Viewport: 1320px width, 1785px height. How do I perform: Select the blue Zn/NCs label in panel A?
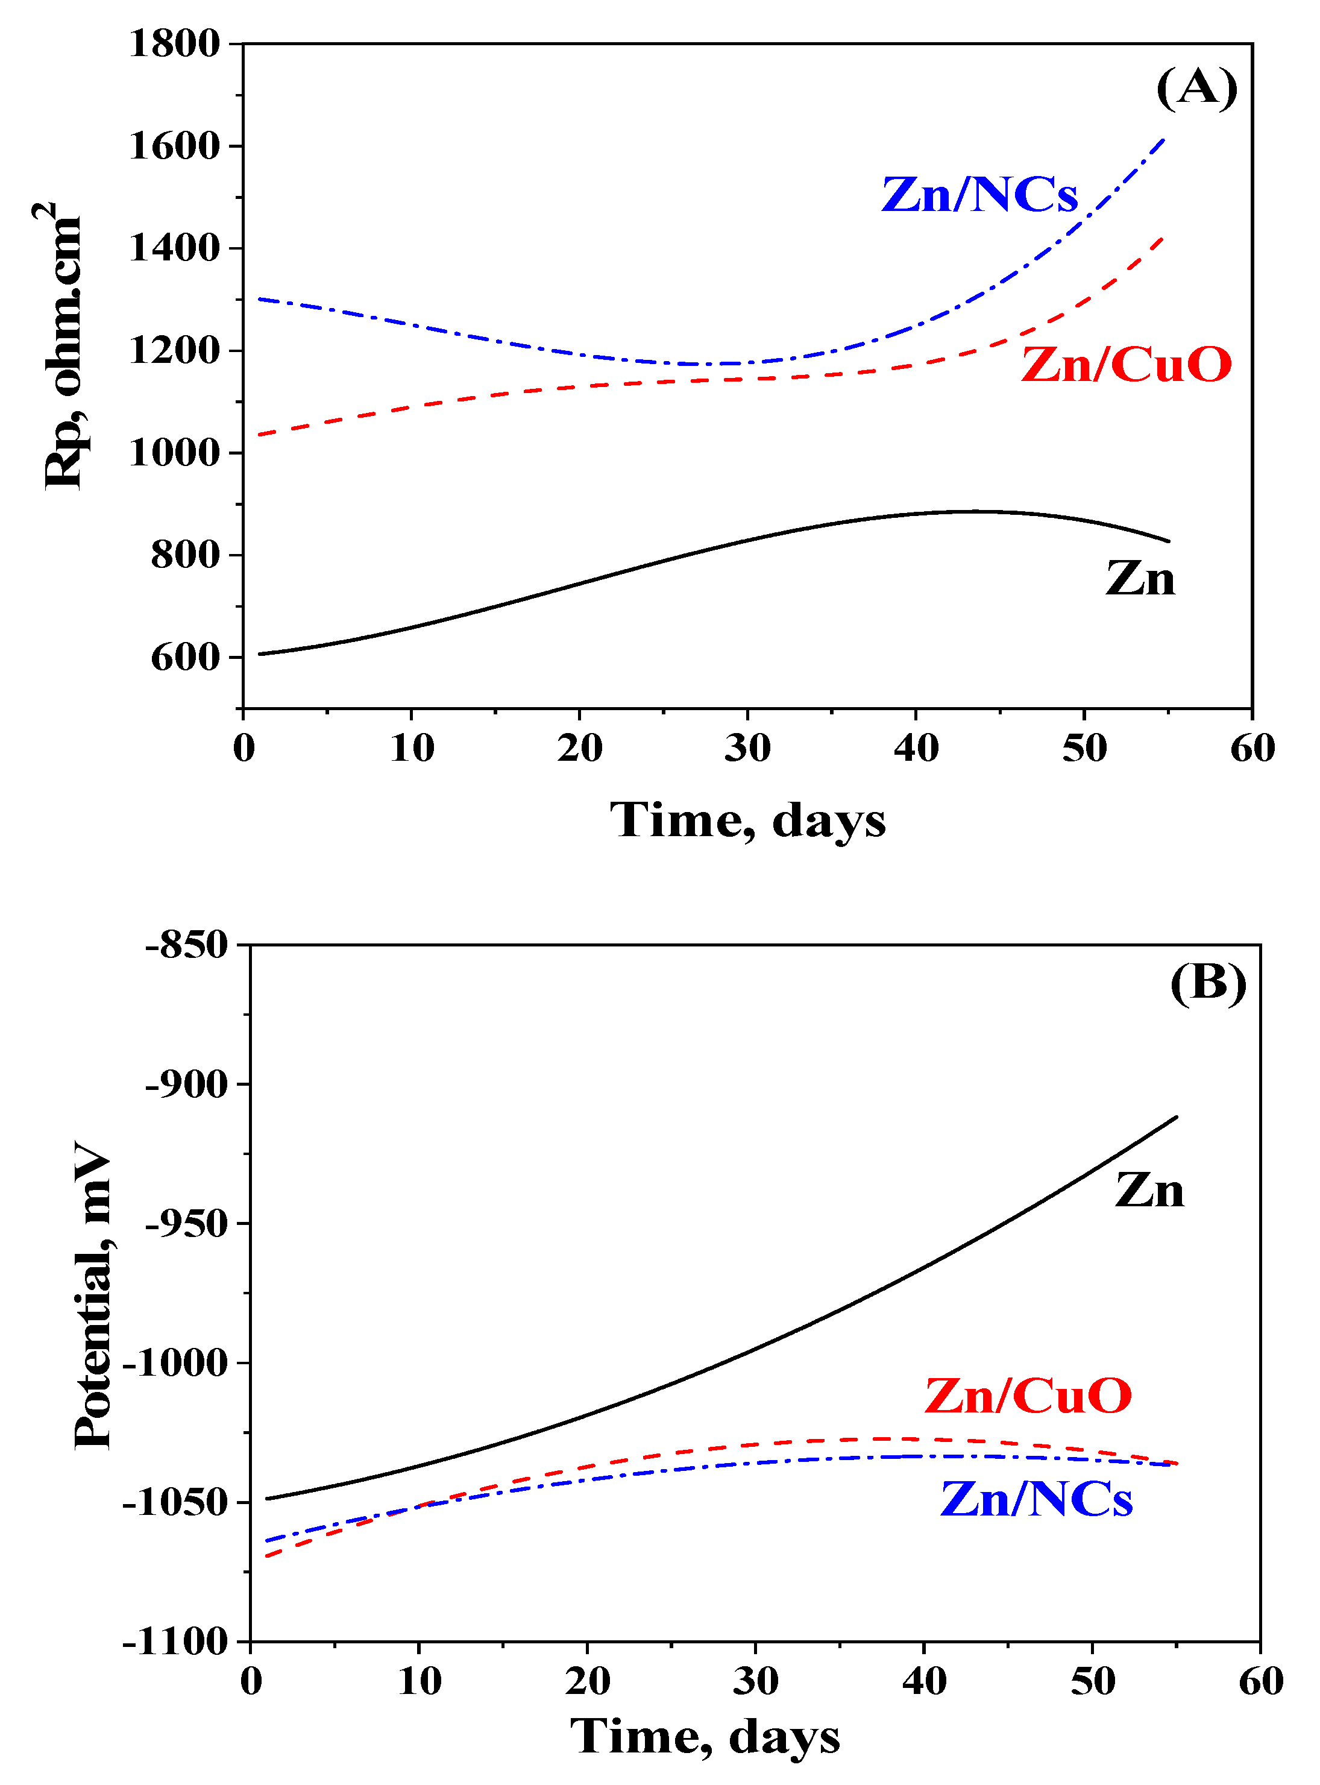(x=979, y=194)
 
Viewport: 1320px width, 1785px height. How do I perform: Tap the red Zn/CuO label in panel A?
(x=1126, y=365)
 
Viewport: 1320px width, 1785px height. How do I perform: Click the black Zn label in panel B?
(x=1148, y=1191)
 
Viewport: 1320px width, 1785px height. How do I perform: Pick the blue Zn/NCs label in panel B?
(x=1036, y=1498)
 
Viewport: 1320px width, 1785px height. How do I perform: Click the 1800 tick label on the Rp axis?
(x=174, y=44)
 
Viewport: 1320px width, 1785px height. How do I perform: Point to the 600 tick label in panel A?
(x=186, y=658)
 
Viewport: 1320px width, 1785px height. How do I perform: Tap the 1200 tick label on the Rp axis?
(x=174, y=351)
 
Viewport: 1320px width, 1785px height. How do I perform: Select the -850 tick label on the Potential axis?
(x=186, y=945)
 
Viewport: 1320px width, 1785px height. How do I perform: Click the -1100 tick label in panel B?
(x=176, y=1643)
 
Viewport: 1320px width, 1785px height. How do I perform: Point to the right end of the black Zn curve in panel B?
(x=1176, y=1117)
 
